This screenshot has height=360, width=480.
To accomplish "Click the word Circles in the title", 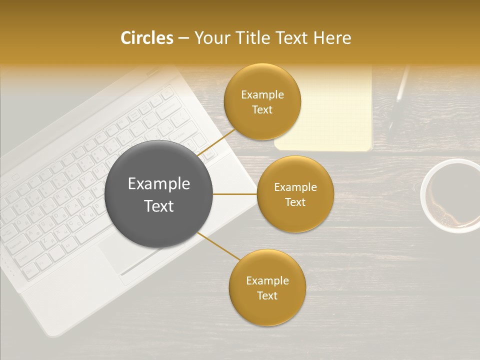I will [x=146, y=38].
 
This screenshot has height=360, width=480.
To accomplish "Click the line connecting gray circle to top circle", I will [x=217, y=142].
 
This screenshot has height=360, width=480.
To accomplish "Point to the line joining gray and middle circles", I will [x=235, y=194].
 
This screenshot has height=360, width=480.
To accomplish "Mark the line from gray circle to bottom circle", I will [x=219, y=246].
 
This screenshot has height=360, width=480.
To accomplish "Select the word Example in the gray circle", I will [x=159, y=184].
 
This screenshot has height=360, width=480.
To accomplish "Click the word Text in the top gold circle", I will [x=262, y=110].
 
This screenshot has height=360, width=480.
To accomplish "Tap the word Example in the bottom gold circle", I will [x=267, y=280].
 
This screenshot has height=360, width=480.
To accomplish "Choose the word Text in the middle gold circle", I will [x=295, y=202].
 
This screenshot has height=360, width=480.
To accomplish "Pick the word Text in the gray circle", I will [x=159, y=206].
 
